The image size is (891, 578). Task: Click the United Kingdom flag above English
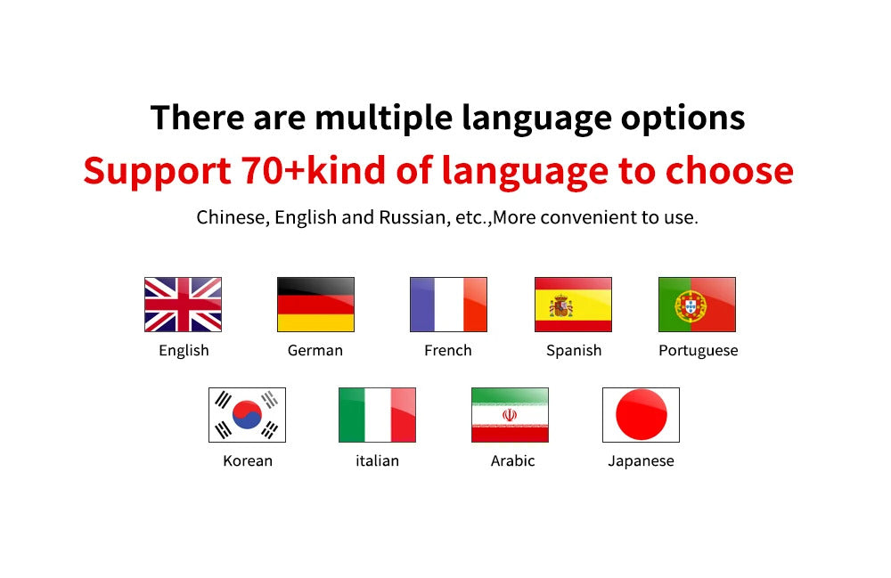coord(183,305)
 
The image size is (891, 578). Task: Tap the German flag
coord(315,305)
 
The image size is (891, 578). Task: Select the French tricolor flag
coord(448,305)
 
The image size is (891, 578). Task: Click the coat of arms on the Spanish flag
coord(560,306)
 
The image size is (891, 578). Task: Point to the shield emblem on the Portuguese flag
coord(691,306)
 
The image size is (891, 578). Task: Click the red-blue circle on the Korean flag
coord(247,414)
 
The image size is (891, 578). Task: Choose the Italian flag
coord(377,414)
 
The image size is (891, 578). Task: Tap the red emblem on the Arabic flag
coord(510,415)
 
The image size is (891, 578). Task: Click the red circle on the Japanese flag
coord(642,414)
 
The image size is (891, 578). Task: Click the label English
coord(184,350)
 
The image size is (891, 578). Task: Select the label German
coord(315,350)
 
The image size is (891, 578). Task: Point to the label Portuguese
coord(699,350)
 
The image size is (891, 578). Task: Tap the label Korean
coord(248,460)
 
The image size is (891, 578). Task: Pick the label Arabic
coord(512,460)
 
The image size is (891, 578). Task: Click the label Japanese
coord(641,461)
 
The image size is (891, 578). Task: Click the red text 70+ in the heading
coord(274,170)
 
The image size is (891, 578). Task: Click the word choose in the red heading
coord(730,170)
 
